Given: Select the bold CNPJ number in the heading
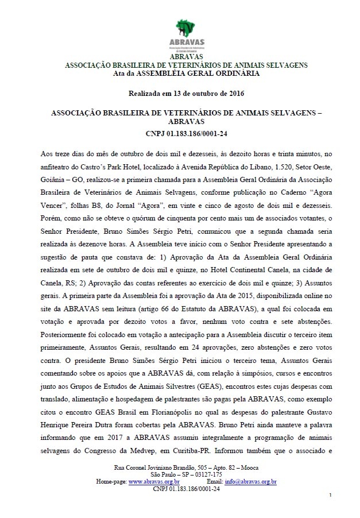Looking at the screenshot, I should point(180,134).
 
